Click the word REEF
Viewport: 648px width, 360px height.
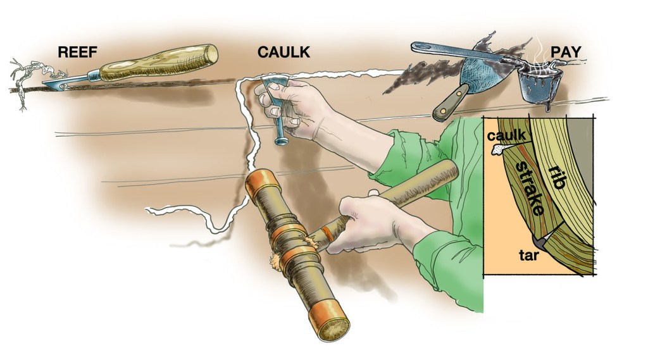[77, 52]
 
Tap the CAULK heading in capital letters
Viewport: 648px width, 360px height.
[283, 52]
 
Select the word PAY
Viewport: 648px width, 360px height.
[566, 52]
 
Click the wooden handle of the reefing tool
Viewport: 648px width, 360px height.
[159, 63]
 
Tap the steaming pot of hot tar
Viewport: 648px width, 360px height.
[535, 85]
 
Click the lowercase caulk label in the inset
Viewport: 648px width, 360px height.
[506, 135]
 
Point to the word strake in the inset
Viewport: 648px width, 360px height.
[530, 188]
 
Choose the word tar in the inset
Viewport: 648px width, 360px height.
[528, 255]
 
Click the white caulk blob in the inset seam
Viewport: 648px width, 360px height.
[499, 149]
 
